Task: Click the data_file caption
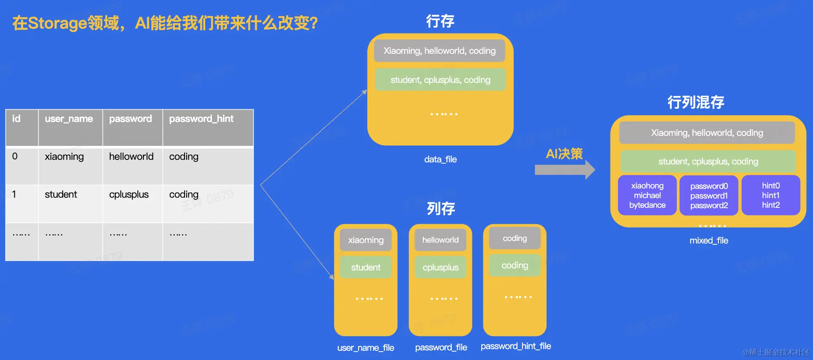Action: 440,159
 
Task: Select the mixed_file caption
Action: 709,241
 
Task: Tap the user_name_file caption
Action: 366,348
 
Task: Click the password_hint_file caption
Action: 516,346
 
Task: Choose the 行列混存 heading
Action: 696,102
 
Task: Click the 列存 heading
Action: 441,208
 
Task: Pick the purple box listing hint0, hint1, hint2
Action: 771,196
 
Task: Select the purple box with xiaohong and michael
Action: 647,196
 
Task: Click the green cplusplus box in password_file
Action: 441,267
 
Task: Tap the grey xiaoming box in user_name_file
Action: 366,240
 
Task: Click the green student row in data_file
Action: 440,80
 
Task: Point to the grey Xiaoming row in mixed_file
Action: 707,133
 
